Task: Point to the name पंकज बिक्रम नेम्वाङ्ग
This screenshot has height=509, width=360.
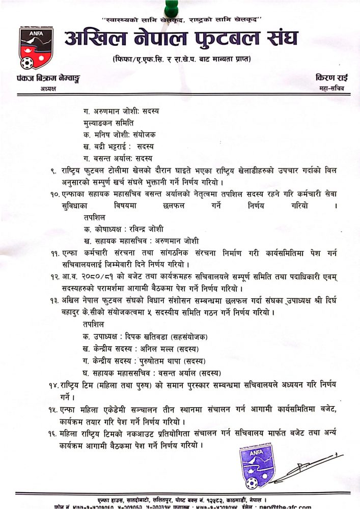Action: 48,78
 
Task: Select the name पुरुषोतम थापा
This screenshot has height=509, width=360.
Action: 161,361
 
